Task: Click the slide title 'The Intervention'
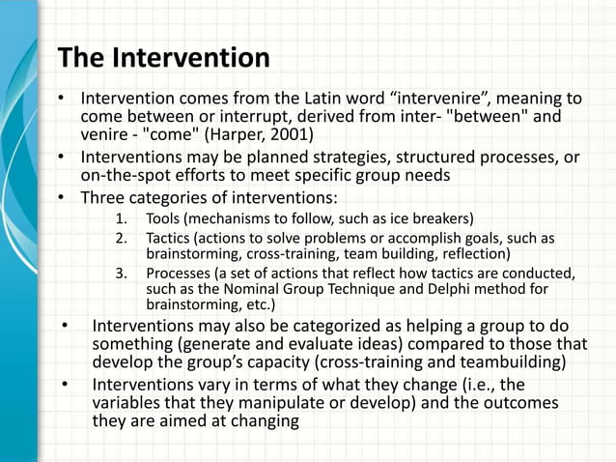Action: click(x=164, y=58)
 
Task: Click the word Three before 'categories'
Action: click(x=103, y=200)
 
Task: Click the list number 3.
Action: click(x=120, y=273)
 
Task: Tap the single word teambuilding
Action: click(x=514, y=363)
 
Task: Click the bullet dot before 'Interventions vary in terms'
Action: click(x=65, y=386)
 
